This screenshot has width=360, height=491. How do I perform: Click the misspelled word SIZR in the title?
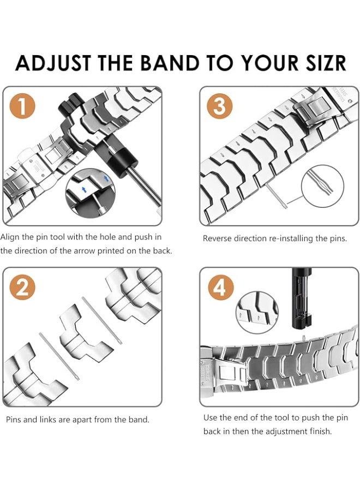[323, 63]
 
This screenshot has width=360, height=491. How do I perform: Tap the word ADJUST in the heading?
[53, 63]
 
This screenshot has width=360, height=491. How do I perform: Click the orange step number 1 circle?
[22, 106]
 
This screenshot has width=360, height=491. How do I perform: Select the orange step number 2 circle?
[22, 287]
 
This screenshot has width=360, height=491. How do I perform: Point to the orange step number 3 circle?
[219, 106]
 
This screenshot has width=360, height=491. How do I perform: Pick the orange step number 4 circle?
[221, 287]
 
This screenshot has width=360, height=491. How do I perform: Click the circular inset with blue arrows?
[90, 193]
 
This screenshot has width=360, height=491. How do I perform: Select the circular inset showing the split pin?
[322, 186]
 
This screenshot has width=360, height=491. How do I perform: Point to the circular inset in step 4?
[257, 312]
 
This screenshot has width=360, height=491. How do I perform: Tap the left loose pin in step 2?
[59, 356]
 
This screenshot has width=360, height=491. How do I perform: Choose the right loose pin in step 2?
[102, 320]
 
